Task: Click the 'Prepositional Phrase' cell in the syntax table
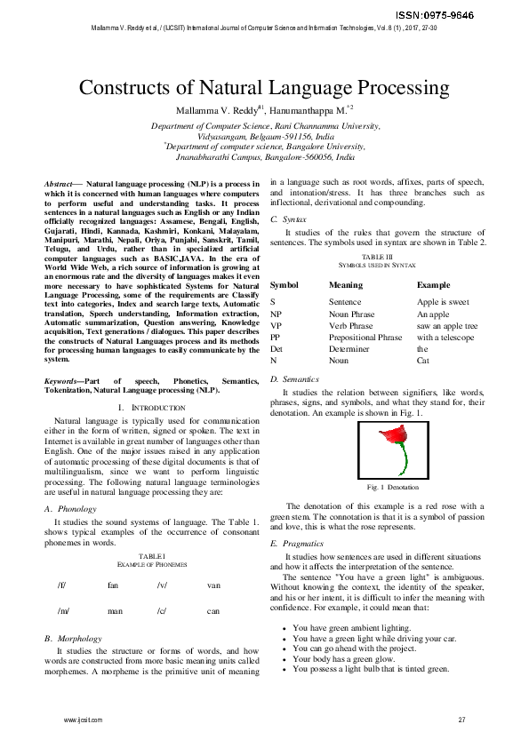(x=365, y=338)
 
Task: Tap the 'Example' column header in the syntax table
(x=435, y=285)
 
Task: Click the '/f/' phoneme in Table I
(x=61, y=586)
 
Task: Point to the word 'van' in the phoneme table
(x=213, y=586)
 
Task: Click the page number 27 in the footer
(x=461, y=719)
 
